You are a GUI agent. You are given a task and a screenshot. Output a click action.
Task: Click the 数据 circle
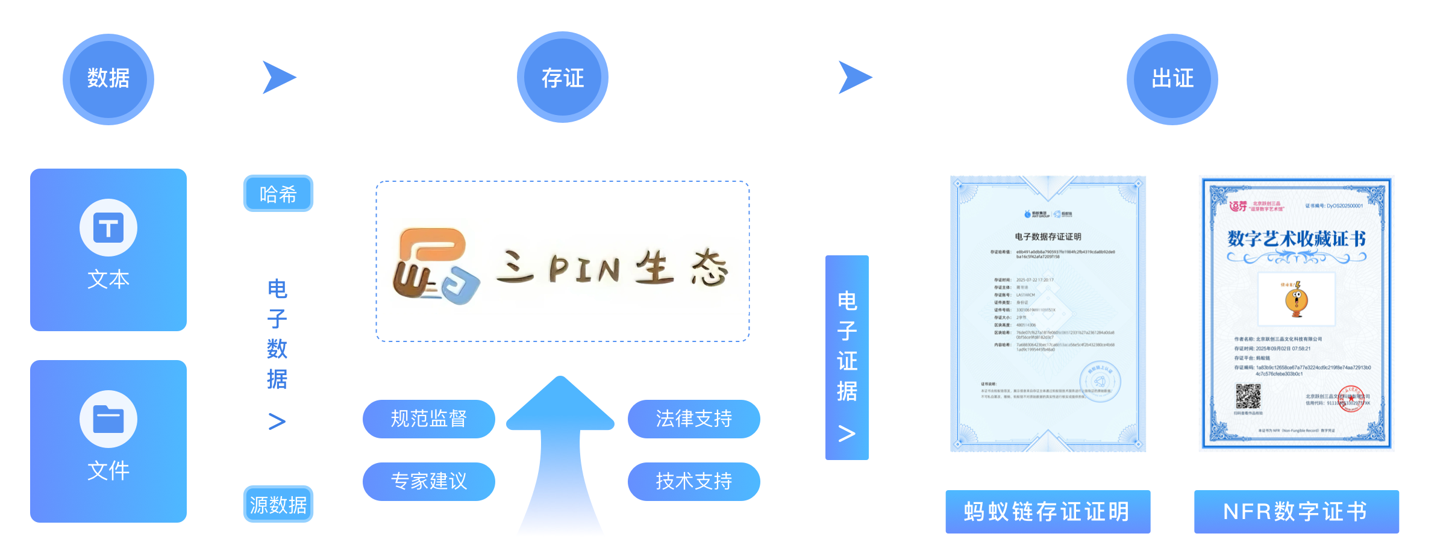(x=108, y=79)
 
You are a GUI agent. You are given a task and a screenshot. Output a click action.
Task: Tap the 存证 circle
(x=562, y=77)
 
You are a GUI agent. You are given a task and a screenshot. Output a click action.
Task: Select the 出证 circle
(x=1172, y=79)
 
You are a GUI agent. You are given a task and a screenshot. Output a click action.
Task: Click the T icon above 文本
(x=108, y=228)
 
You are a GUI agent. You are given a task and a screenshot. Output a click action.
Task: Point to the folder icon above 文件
(x=108, y=419)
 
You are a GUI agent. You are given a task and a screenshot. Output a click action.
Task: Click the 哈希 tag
(x=278, y=194)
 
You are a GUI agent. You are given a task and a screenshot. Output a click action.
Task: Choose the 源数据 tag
(x=278, y=505)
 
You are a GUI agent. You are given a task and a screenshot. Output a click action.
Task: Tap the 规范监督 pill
(x=428, y=418)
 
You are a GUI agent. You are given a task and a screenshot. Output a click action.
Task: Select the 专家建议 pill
(x=428, y=481)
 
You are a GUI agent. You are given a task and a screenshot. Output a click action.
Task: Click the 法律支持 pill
(x=693, y=418)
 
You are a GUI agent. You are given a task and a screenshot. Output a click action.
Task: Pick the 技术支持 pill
(x=693, y=481)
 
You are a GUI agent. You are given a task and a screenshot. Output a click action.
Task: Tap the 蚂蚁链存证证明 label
(x=1047, y=512)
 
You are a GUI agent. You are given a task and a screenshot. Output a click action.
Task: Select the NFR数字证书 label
(x=1296, y=512)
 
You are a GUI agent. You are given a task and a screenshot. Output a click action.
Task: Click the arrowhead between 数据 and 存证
(x=277, y=78)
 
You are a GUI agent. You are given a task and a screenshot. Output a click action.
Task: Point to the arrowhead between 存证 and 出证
(x=854, y=78)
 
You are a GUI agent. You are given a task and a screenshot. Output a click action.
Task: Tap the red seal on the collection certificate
(x=1351, y=399)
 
